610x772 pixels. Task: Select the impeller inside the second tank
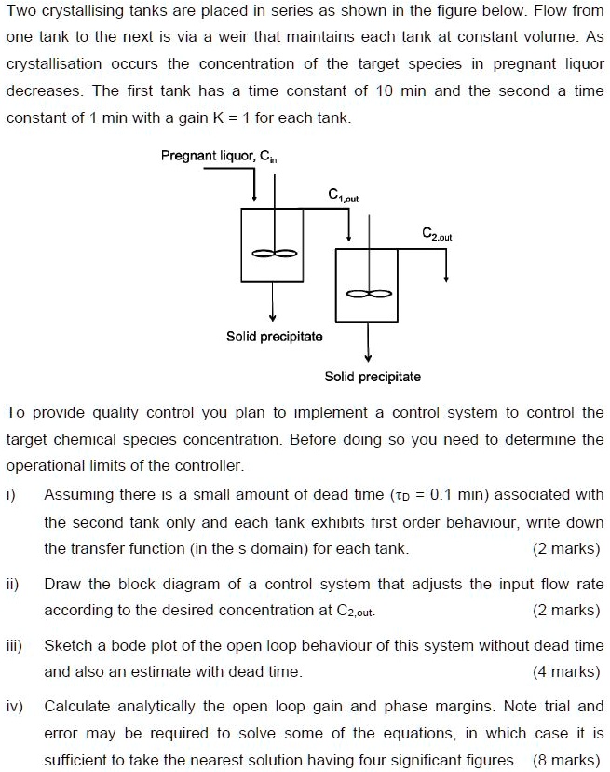[x=368, y=294]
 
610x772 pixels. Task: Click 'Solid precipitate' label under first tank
[x=274, y=336]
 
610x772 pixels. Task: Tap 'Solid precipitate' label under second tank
[x=372, y=377]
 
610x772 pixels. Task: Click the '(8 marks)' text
[x=567, y=760]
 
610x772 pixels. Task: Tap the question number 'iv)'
[x=16, y=706]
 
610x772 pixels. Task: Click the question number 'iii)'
[x=15, y=645]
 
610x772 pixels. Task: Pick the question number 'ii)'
[x=13, y=585]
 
